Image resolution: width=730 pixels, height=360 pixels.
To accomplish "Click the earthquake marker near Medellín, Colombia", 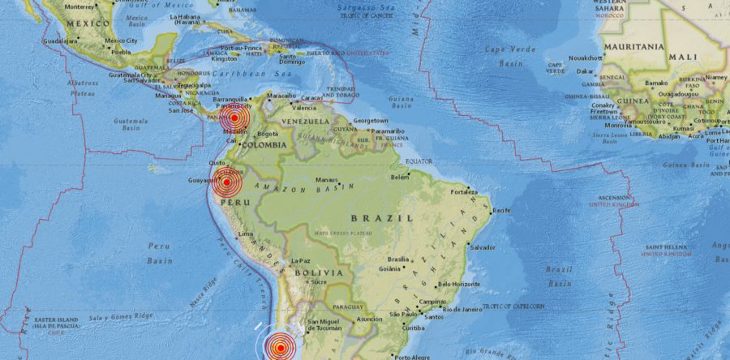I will pyautogui.click(x=233, y=118).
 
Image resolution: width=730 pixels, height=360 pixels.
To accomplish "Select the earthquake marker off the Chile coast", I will pyautogui.click(x=280, y=348).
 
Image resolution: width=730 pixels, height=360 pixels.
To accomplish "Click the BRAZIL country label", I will pyautogui.click(x=382, y=218).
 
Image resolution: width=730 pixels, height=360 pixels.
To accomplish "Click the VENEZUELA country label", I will pyautogui.click(x=305, y=121).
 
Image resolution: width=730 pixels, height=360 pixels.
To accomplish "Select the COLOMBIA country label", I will pyautogui.click(x=264, y=144).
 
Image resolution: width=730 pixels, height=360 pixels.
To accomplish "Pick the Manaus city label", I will pyautogui.click(x=328, y=180).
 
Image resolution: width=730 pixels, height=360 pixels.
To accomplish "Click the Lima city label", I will pyautogui.click(x=246, y=234).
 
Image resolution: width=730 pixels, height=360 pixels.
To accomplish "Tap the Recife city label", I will pyautogui.click(x=502, y=211).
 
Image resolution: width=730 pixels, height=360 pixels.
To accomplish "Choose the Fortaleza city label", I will pyautogui.click(x=465, y=192).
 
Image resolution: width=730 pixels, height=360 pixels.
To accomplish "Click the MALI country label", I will pyautogui.click(x=683, y=58).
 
